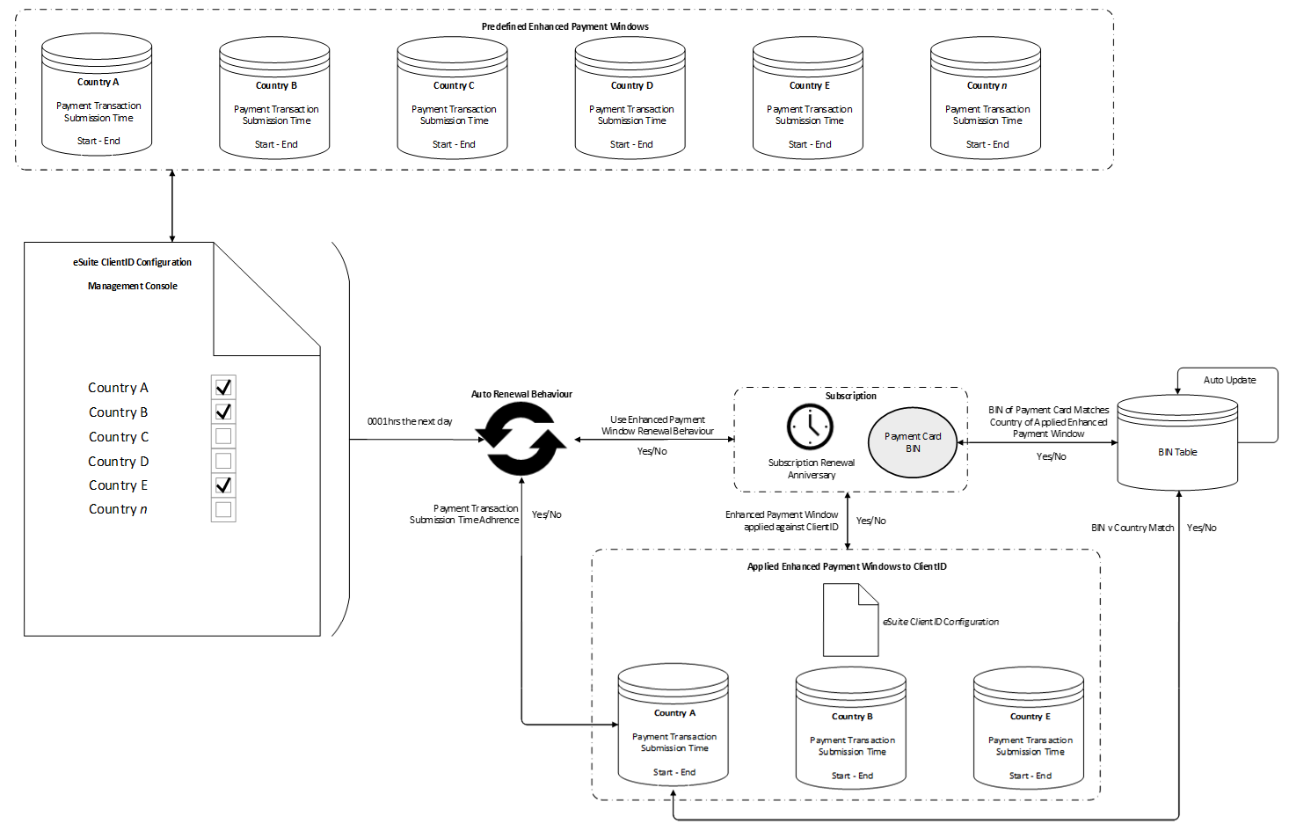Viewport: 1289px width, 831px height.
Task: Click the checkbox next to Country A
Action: pyautogui.click(x=223, y=387)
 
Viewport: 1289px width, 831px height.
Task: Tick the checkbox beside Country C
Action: pyautogui.click(x=223, y=436)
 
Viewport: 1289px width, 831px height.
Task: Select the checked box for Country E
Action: pyautogui.click(x=223, y=485)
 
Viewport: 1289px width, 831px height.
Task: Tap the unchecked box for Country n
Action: pyautogui.click(x=223, y=509)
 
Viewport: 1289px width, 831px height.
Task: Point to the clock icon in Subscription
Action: pyautogui.click(x=810, y=426)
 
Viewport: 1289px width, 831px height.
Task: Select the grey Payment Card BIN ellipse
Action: pyautogui.click(x=913, y=442)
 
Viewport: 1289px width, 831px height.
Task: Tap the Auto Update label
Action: pyautogui.click(x=1229, y=380)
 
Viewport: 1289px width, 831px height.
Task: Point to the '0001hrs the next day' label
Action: pyautogui.click(x=410, y=421)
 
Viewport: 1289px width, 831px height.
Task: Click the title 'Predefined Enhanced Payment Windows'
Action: pyautogui.click(x=564, y=26)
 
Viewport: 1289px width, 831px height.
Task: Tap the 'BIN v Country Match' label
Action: pyautogui.click(x=1132, y=528)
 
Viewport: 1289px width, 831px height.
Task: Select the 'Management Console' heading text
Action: pyautogui.click(x=133, y=286)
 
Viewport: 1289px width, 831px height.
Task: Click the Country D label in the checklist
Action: pyautogui.click(x=119, y=462)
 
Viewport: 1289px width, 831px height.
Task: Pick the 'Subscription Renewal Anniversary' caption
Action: pyautogui.click(x=811, y=469)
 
